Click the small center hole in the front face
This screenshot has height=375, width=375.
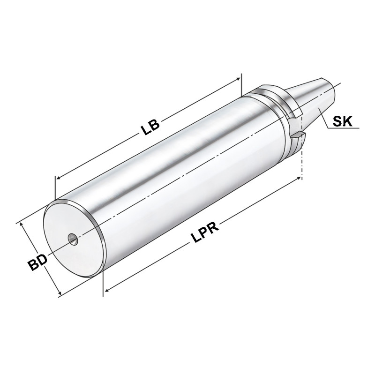coord(72,239)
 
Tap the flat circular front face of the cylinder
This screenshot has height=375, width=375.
coord(70,244)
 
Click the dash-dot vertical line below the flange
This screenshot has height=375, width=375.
coord(302,164)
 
